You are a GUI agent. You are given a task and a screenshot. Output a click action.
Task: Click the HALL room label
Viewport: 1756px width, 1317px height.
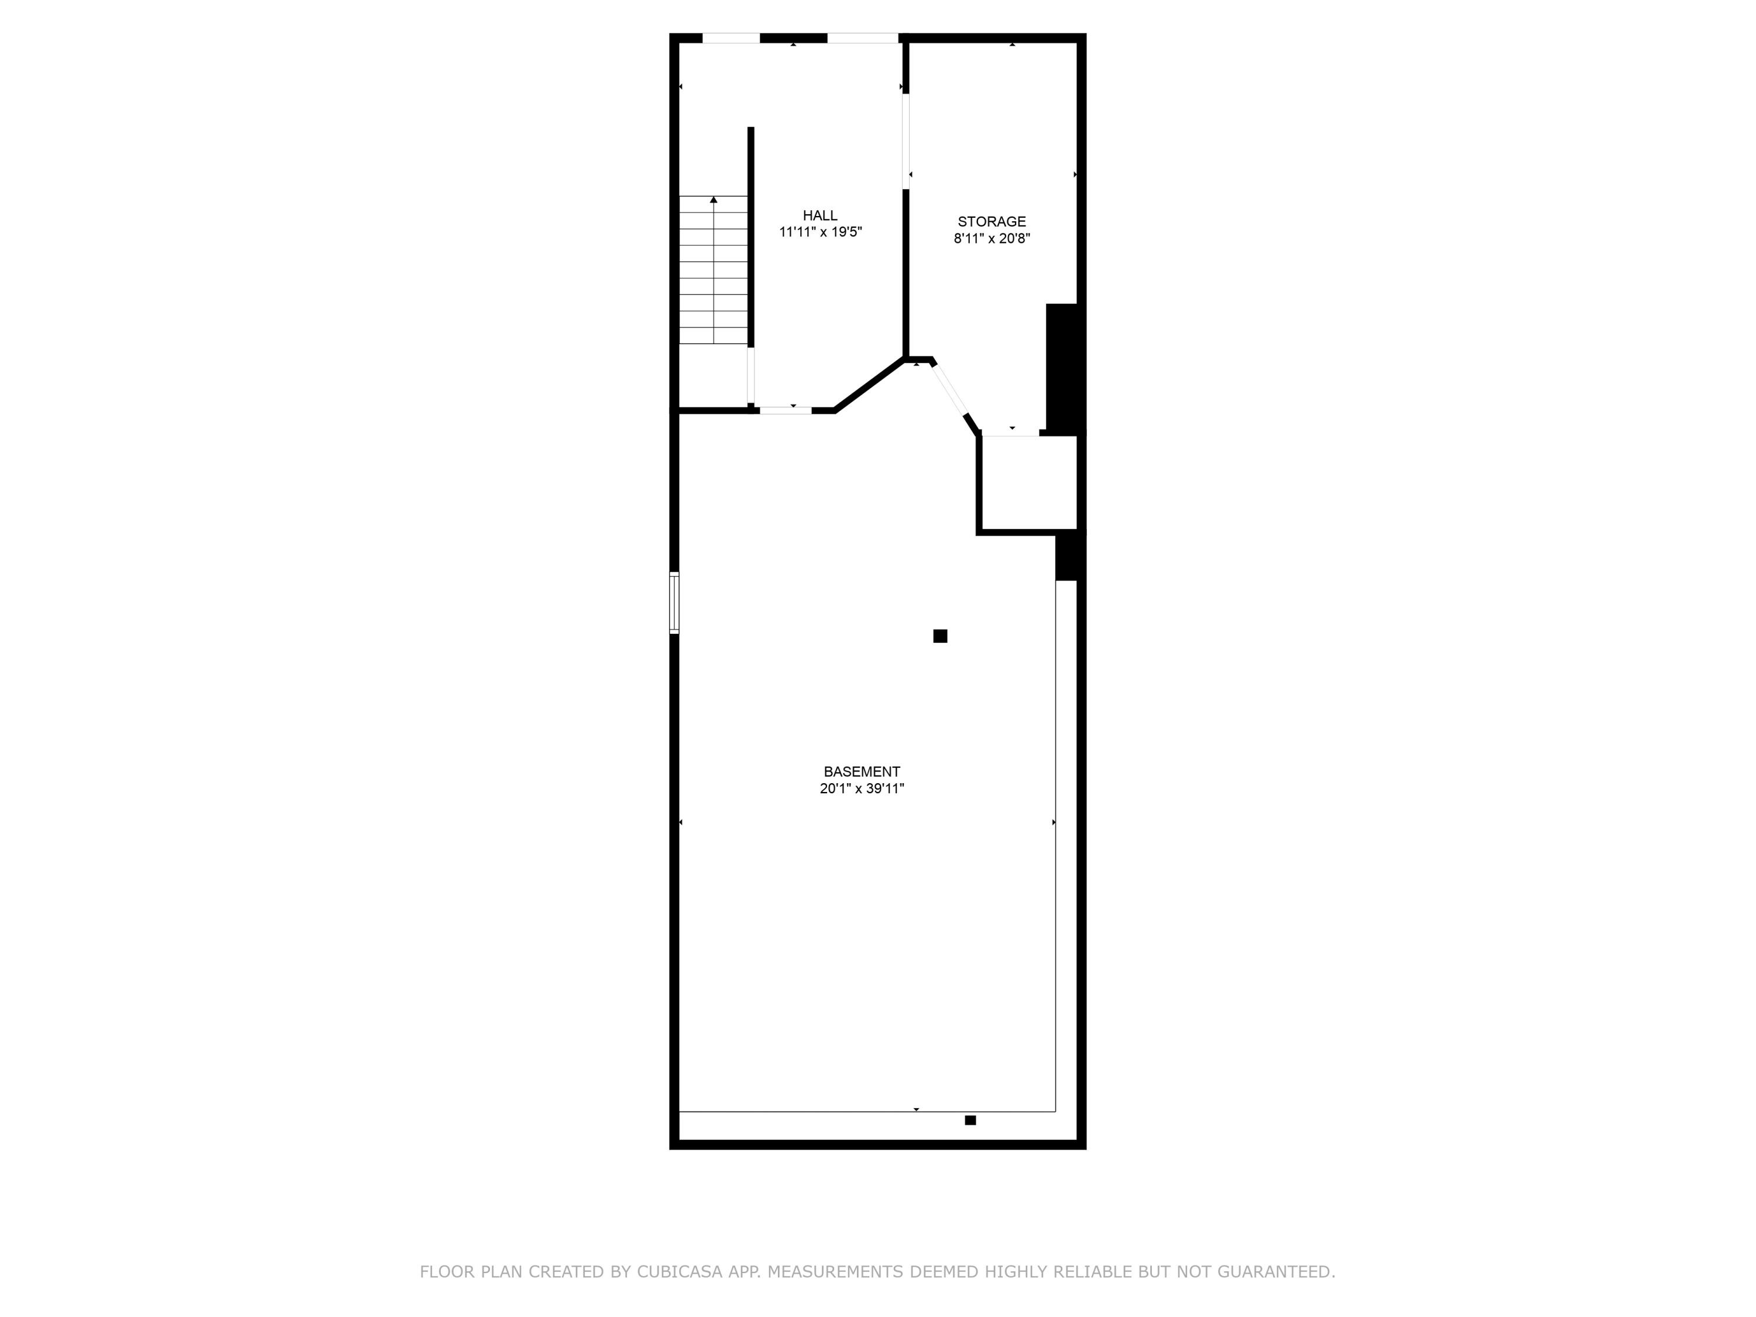(x=819, y=215)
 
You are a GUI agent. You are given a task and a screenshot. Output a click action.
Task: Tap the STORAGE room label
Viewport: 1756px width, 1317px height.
(x=992, y=221)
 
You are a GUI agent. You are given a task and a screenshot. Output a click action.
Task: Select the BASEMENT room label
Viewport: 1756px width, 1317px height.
(x=862, y=771)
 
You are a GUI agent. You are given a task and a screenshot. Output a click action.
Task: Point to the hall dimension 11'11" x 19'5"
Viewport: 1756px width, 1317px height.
(x=820, y=232)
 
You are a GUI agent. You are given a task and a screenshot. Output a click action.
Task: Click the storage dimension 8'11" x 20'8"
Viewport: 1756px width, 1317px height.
(x=992, y=238)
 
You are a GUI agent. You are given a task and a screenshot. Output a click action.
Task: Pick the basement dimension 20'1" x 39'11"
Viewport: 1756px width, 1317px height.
(x=862, y=789)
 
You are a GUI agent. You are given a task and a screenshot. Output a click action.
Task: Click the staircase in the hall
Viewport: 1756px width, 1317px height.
(x=714, y=270)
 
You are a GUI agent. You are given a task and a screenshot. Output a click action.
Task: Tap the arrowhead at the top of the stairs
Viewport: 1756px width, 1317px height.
(x=714, y=199)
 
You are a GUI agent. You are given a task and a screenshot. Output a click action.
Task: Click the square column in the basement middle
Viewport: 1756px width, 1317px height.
(x=940, y=636)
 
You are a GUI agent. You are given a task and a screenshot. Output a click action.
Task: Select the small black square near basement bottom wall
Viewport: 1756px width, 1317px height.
(x=970, y=1120)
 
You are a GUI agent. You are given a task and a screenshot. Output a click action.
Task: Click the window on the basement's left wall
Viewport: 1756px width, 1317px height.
(x=674, y=602)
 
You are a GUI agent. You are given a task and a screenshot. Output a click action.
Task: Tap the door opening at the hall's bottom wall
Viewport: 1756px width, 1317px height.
(x=785, y=410)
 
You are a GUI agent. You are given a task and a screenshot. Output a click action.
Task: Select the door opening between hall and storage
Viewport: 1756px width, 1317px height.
(x=906, y=141)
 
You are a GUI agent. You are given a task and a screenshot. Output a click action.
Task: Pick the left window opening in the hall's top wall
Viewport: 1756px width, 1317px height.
(x=731, y=38)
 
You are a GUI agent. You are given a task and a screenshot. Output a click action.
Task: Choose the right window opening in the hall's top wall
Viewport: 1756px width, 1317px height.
(x=862, y=38)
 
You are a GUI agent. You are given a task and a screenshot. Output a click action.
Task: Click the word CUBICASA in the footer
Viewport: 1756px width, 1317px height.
(x=680, y=1272)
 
